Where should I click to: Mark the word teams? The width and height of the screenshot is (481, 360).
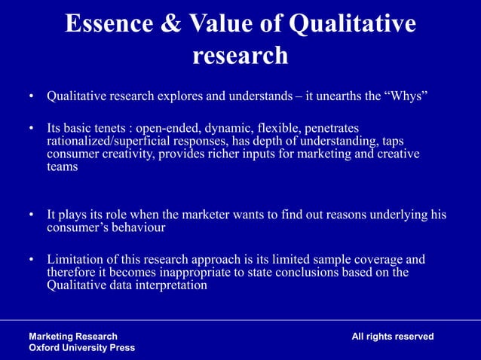pos(62,166)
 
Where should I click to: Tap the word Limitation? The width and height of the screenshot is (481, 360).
pos(77,260)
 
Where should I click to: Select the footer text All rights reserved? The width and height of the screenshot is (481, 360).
pos(392,337)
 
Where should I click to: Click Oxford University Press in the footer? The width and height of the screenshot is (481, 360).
pos(81,348)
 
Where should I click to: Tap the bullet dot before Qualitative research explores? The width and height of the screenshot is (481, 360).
pos(32,97)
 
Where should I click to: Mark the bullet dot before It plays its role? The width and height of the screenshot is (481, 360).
pos(32,215)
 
